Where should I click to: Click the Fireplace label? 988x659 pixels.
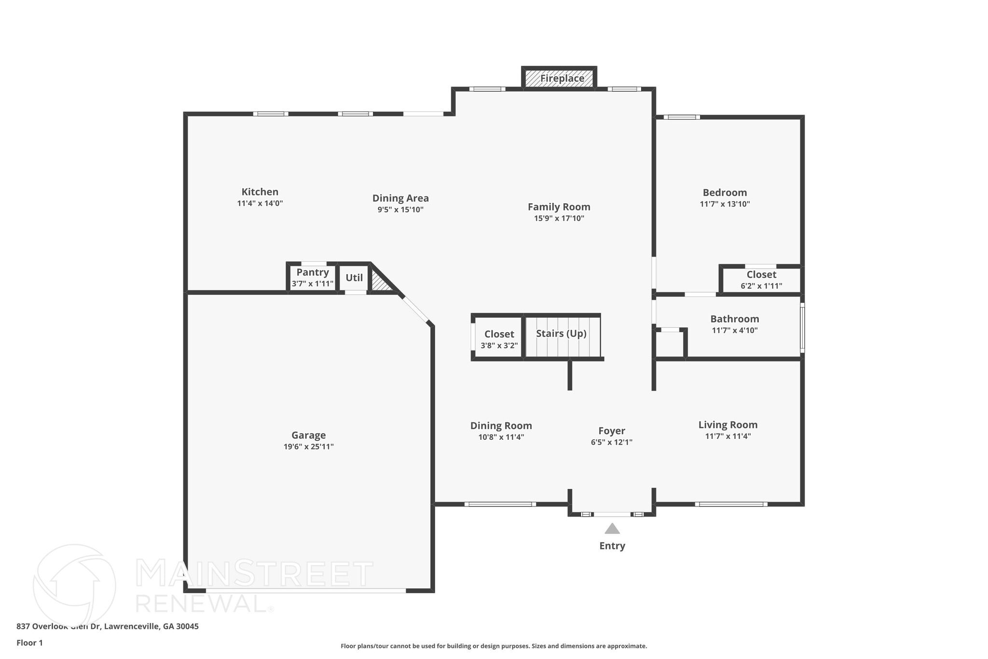562,78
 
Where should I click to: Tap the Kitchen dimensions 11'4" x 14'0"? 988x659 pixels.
260,204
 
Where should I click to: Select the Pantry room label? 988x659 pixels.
313,272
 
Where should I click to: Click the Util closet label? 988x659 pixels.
354,278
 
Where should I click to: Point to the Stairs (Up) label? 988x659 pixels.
561,334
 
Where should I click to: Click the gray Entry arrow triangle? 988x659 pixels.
612,529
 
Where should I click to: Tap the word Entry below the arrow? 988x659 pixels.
612,546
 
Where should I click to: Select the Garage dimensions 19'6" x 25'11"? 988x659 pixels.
308,447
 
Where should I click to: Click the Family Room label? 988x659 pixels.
559,207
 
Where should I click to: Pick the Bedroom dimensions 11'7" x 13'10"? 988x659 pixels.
725,204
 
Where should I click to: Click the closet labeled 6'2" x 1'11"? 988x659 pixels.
761,280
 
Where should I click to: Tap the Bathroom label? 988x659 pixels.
734,319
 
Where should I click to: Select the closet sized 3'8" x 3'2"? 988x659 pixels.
499,340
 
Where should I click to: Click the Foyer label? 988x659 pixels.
612,431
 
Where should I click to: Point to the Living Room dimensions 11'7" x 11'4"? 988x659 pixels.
727,436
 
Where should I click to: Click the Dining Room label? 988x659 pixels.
501,426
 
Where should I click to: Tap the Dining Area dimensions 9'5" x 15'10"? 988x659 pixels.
400,210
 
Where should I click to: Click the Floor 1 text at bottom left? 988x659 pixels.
29,643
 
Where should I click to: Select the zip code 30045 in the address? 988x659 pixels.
188,627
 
